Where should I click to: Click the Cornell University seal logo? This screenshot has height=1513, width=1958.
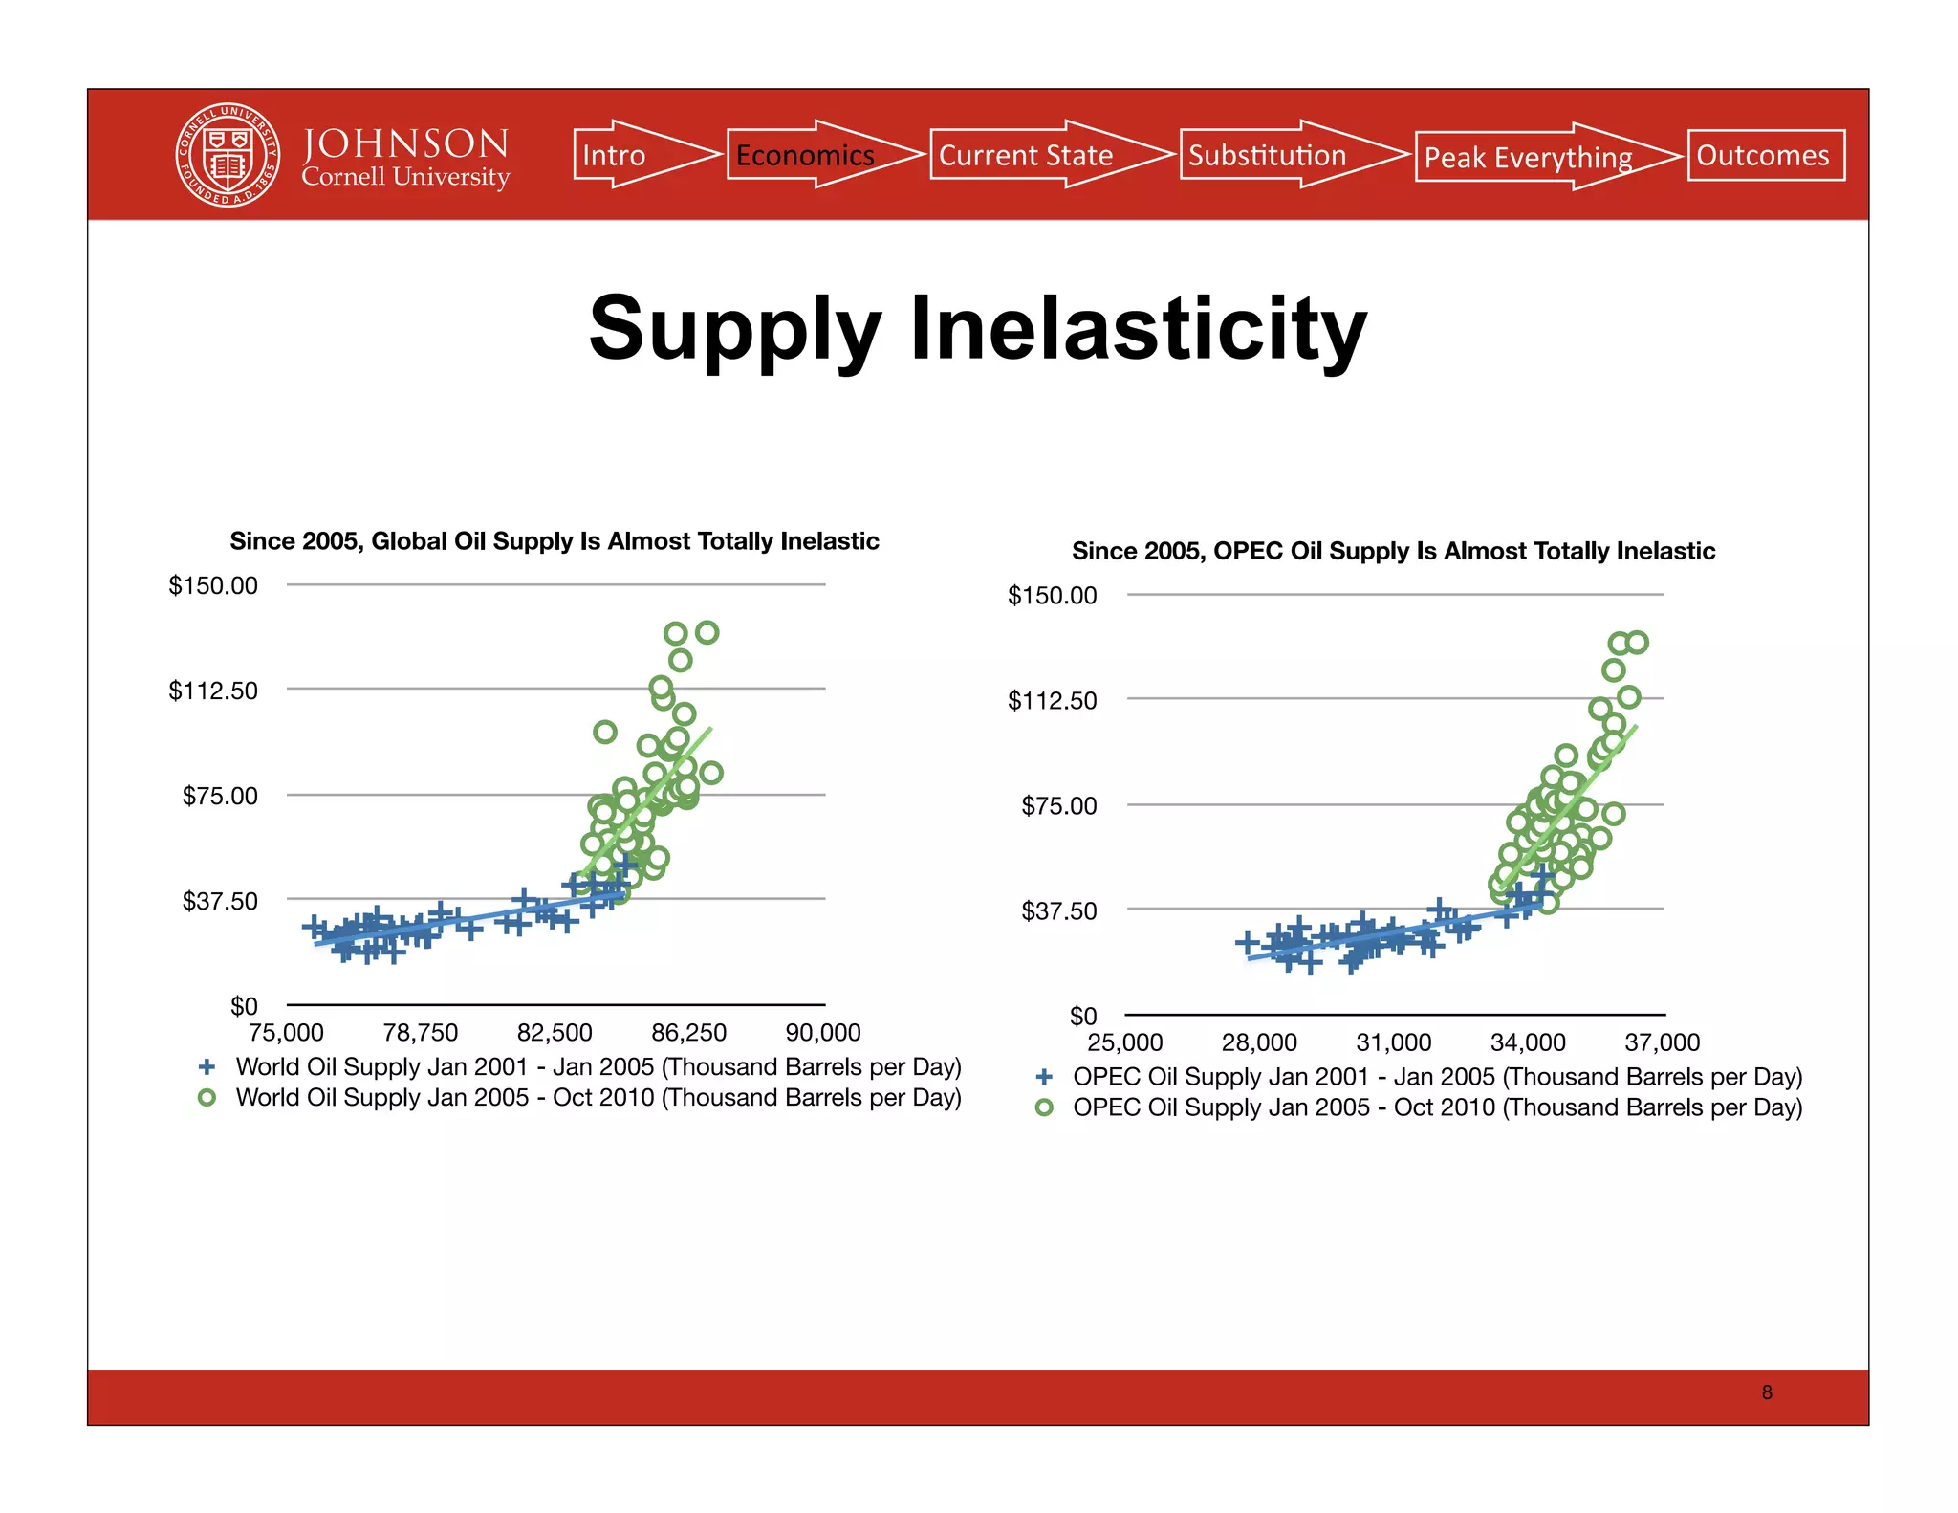click(x=228, y=155)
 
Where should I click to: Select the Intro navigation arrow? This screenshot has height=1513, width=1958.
click(x=631, y=155)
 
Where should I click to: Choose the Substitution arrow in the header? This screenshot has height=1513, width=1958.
click(x=1276, y=155)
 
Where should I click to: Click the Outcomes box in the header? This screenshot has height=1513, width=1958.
click(x=1765, y=155)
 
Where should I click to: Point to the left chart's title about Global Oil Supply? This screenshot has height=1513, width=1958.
click(x=555, y=541)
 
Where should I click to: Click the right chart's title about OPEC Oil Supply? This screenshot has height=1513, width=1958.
click(x=1393, y=551)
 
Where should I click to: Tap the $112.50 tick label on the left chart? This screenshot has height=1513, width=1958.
click(x=213, y=691)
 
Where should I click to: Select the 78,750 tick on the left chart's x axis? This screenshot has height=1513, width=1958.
click(x=421, y=1033)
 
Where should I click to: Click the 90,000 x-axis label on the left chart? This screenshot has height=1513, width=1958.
click(x=823, y=1033)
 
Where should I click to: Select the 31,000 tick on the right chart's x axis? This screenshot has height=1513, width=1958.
click(x=1393, y=1042)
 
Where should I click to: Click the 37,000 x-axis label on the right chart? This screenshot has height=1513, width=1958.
click(x=1662, y=1042)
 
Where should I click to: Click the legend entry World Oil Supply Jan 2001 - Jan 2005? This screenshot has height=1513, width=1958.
click(x=598, y=1066)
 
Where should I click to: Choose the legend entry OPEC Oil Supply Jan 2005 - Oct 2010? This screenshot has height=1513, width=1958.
click(x=1436, y=1107)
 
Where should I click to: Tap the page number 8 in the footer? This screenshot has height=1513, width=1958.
click(x=1766, y=1392)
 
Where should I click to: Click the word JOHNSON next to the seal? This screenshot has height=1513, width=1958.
click(x=405, y=143)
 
